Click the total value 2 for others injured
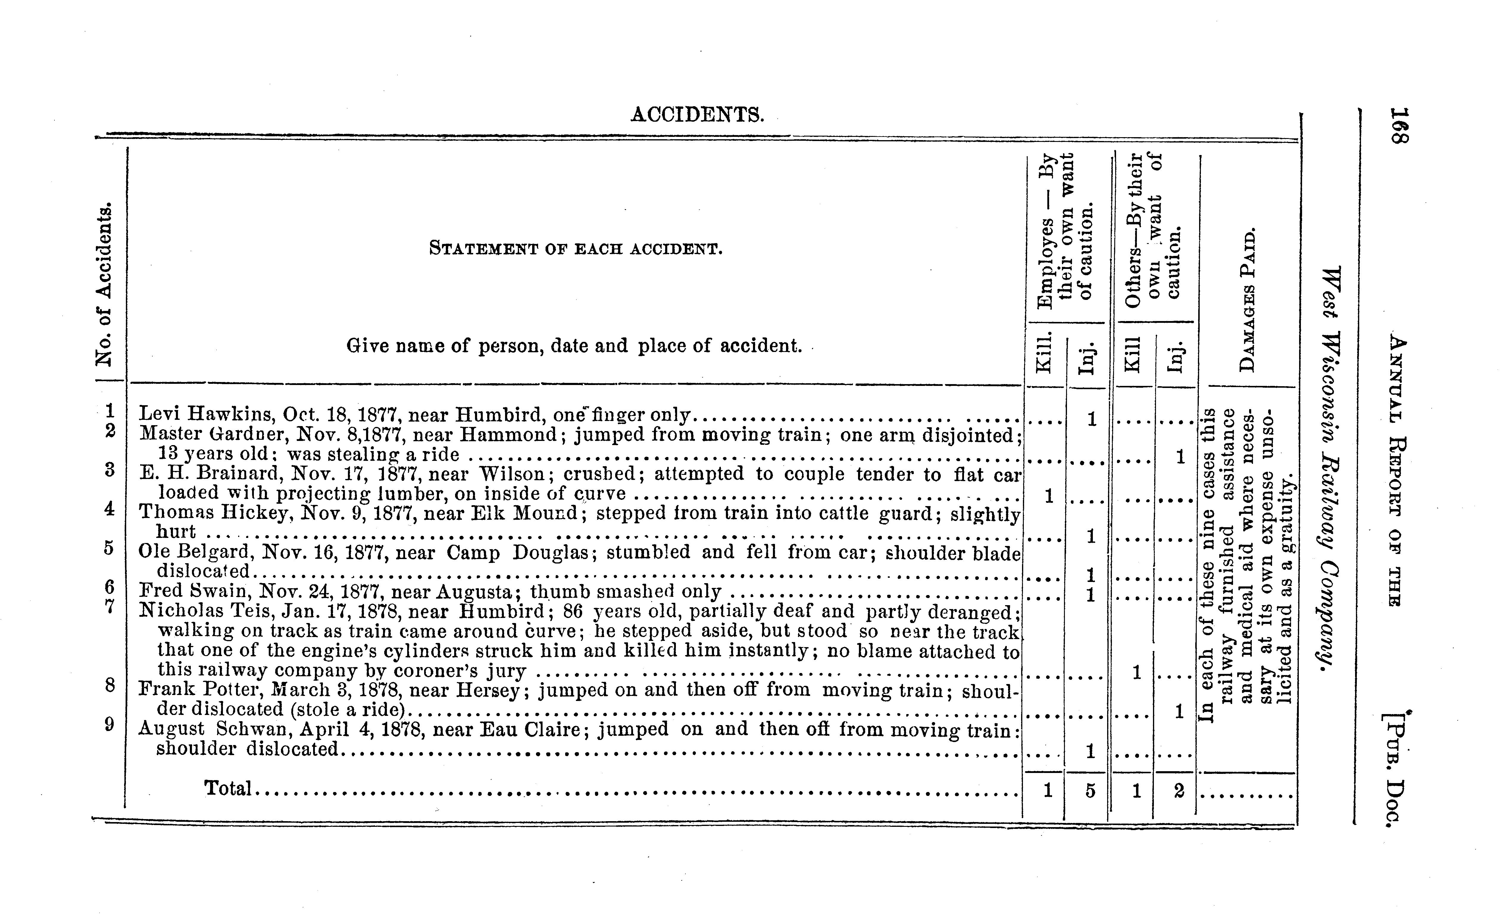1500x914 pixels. [x=1179, y=791]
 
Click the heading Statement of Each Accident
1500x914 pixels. [x=575, y=249]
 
